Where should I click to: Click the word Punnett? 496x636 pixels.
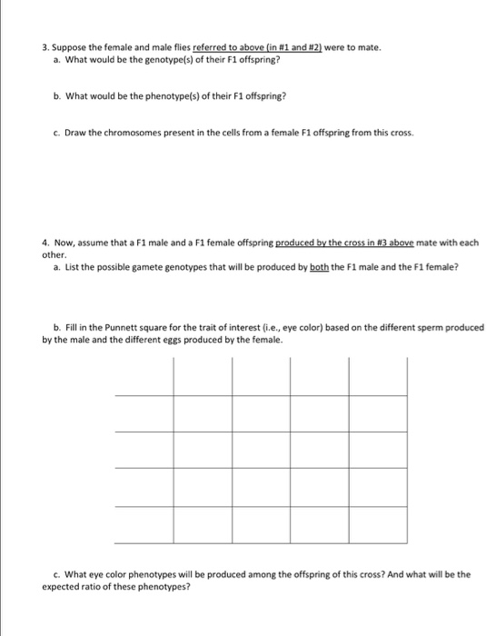click(x=116, y=327)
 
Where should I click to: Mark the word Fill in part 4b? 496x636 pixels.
click(x=70, y=327)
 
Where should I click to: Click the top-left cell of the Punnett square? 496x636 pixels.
click(x=145, y=378)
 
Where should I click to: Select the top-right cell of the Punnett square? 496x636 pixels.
click(x=377, y=378)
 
